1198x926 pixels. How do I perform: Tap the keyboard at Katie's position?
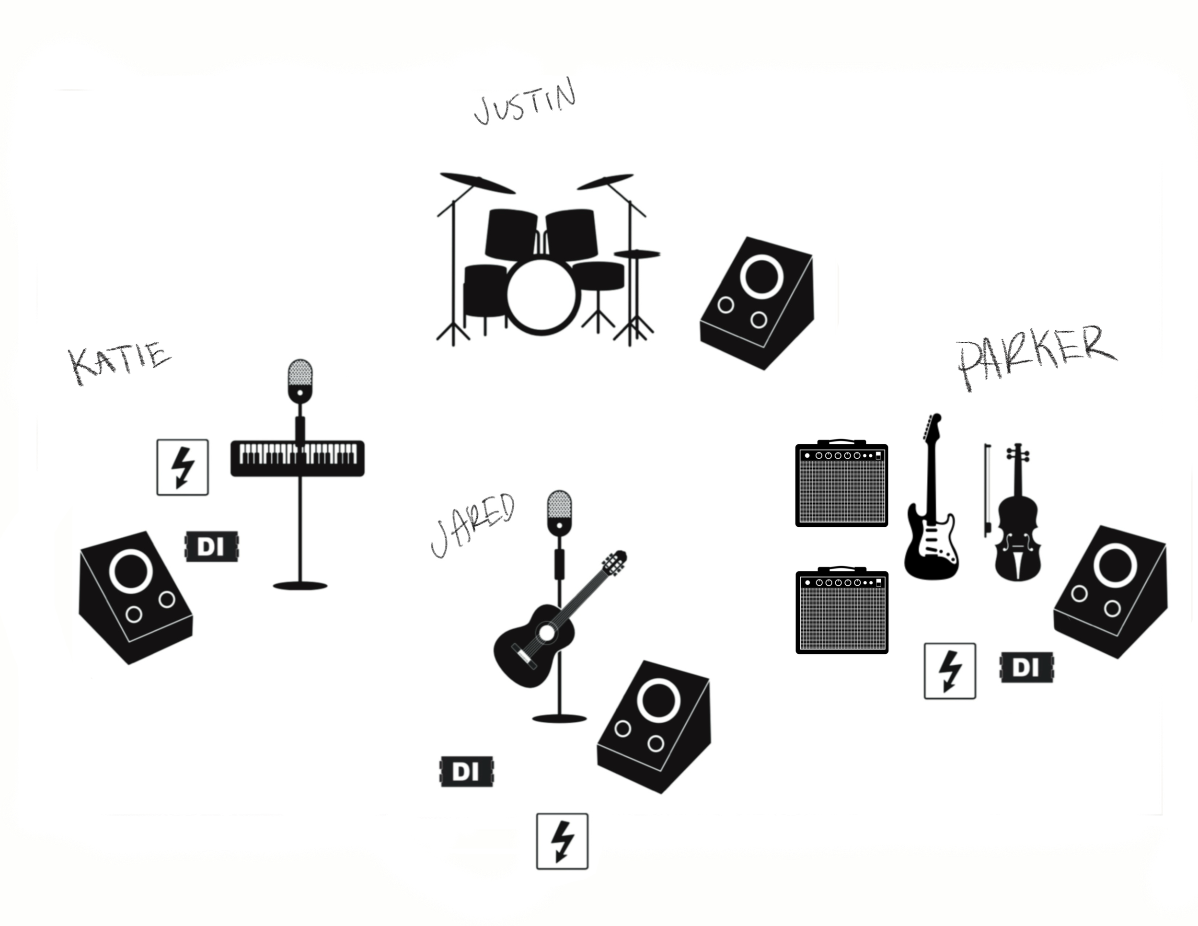(297, 458)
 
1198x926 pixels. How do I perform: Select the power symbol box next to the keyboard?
(183, 467)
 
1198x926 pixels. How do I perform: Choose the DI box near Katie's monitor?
(212, 546)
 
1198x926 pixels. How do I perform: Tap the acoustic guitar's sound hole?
(546, 633)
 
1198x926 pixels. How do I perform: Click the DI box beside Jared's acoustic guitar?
(467, 772)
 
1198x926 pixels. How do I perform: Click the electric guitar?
(931, 510)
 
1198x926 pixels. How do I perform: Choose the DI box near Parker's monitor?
(1026, 668)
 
